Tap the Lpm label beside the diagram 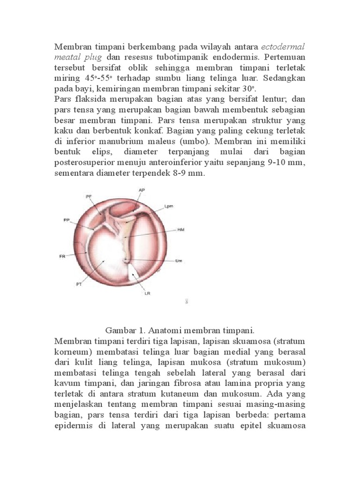(x=169, y=206)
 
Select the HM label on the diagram (x=180, y=230)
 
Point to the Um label (x=178, y=261)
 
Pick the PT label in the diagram (x=79, y=284)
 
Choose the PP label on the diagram (x=67, y=219)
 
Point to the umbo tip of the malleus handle (x=126, y=259)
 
